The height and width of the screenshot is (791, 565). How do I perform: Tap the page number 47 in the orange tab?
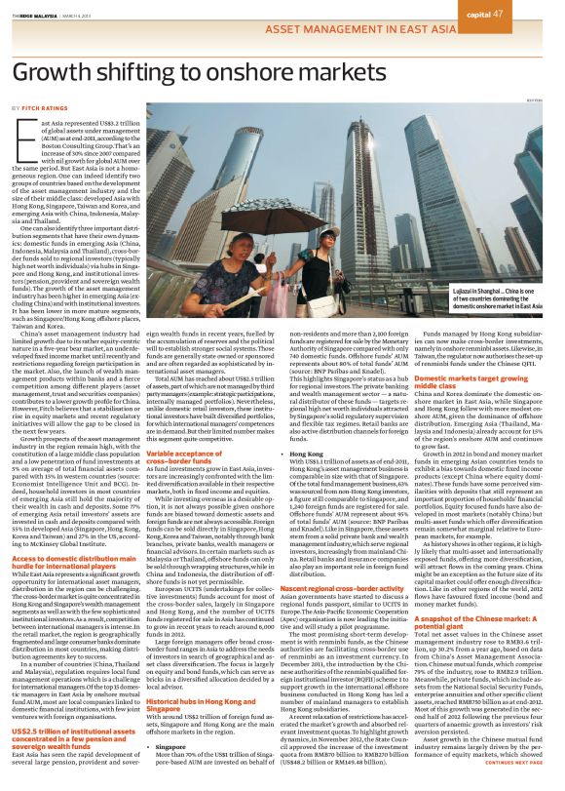click(x=525, y=13)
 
